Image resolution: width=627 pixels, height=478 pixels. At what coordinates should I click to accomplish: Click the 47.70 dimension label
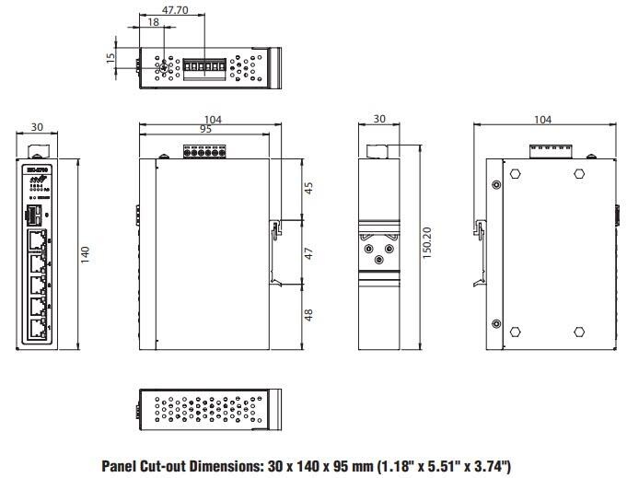tap(175, 11)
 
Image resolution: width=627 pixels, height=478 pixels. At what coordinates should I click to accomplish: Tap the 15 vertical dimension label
tap(110, 58)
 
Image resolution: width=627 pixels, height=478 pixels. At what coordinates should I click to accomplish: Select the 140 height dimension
tap(86, 254)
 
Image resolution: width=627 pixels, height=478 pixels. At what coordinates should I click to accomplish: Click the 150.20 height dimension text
tap(428, 246)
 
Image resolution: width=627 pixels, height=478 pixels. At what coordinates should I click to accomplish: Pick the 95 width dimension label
tap(205, 130)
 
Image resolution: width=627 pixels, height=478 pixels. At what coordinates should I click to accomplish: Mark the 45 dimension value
tap(309, 188)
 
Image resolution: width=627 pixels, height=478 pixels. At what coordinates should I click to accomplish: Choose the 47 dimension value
tap(309, 252)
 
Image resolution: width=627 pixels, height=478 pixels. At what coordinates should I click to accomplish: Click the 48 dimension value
tap(309, 314)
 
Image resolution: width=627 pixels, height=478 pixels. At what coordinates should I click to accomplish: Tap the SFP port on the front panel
tap(32, 216)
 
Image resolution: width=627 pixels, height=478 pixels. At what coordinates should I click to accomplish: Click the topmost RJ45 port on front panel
tap(36, 241)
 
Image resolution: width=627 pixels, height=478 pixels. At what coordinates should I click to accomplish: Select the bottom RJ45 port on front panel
tap(36, 329)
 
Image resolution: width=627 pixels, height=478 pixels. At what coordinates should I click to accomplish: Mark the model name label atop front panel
tap(37, 169)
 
